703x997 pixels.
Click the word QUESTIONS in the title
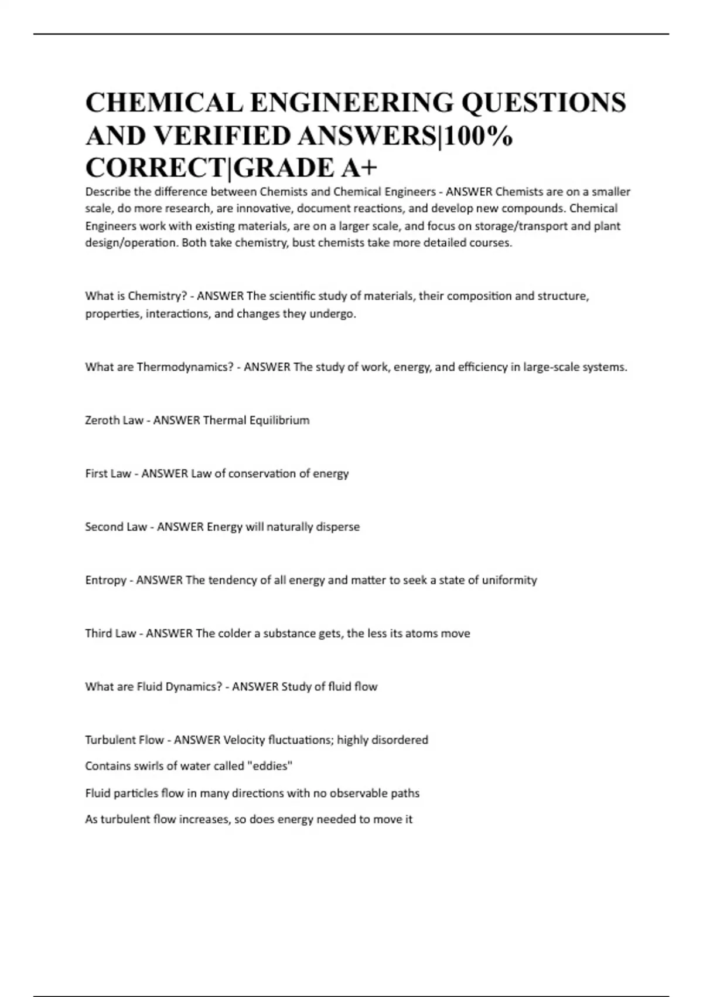[544, 103]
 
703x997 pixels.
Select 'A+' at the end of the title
[359, 168]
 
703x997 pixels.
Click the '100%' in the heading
[479, 135]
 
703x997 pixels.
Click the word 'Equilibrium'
[279, 420]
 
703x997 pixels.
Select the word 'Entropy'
[106, 580]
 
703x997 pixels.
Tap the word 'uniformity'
[509, 580]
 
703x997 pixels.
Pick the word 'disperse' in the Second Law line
[337, 527]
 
